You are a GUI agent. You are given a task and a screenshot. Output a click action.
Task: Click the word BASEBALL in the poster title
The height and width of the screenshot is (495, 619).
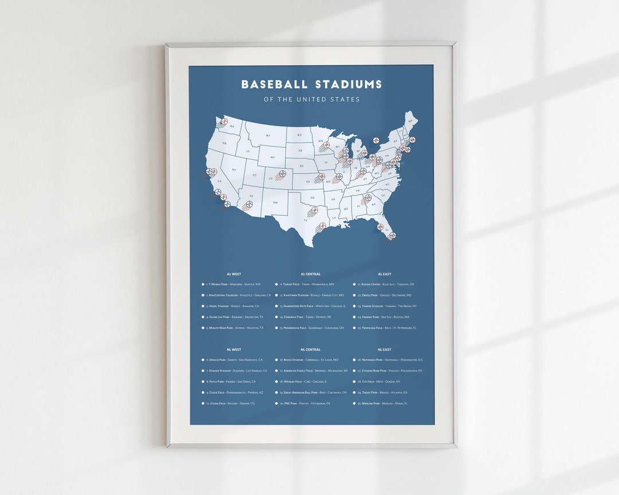(x=275, y=85)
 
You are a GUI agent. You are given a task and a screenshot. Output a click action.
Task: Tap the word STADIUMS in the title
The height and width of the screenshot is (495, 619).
(x=348, y=85)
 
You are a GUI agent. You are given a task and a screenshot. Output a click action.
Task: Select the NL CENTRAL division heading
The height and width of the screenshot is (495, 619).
(x=310, y=349)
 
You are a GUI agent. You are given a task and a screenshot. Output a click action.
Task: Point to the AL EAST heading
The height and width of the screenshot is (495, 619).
(x=384, y=274)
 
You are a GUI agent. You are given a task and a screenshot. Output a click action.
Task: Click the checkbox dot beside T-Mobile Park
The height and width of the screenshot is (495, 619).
(x=203, y=284)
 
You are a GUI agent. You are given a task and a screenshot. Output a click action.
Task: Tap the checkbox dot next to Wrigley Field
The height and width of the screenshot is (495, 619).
(x=276, y=381)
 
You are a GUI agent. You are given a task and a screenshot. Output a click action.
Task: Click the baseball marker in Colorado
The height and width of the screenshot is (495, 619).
(x=282, y=174)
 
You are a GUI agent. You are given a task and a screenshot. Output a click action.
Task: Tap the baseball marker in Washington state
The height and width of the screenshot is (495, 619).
(x=225, y=121)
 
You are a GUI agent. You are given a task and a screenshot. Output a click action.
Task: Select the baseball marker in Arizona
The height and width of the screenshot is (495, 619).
(x=249, y=204)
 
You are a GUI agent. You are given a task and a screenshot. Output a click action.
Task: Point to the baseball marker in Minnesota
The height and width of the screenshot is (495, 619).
(x=326, y=145)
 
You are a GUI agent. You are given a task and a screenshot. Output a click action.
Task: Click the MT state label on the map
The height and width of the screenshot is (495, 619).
(x=267, y=136)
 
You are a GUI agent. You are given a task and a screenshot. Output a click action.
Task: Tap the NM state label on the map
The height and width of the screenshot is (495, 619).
(x=275, y=203)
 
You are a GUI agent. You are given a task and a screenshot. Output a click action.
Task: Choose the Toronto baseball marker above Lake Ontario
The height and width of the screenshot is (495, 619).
(x=375, y=140)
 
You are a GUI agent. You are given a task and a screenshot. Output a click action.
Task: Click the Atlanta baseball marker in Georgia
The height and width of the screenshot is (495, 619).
(x=368, y=198)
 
